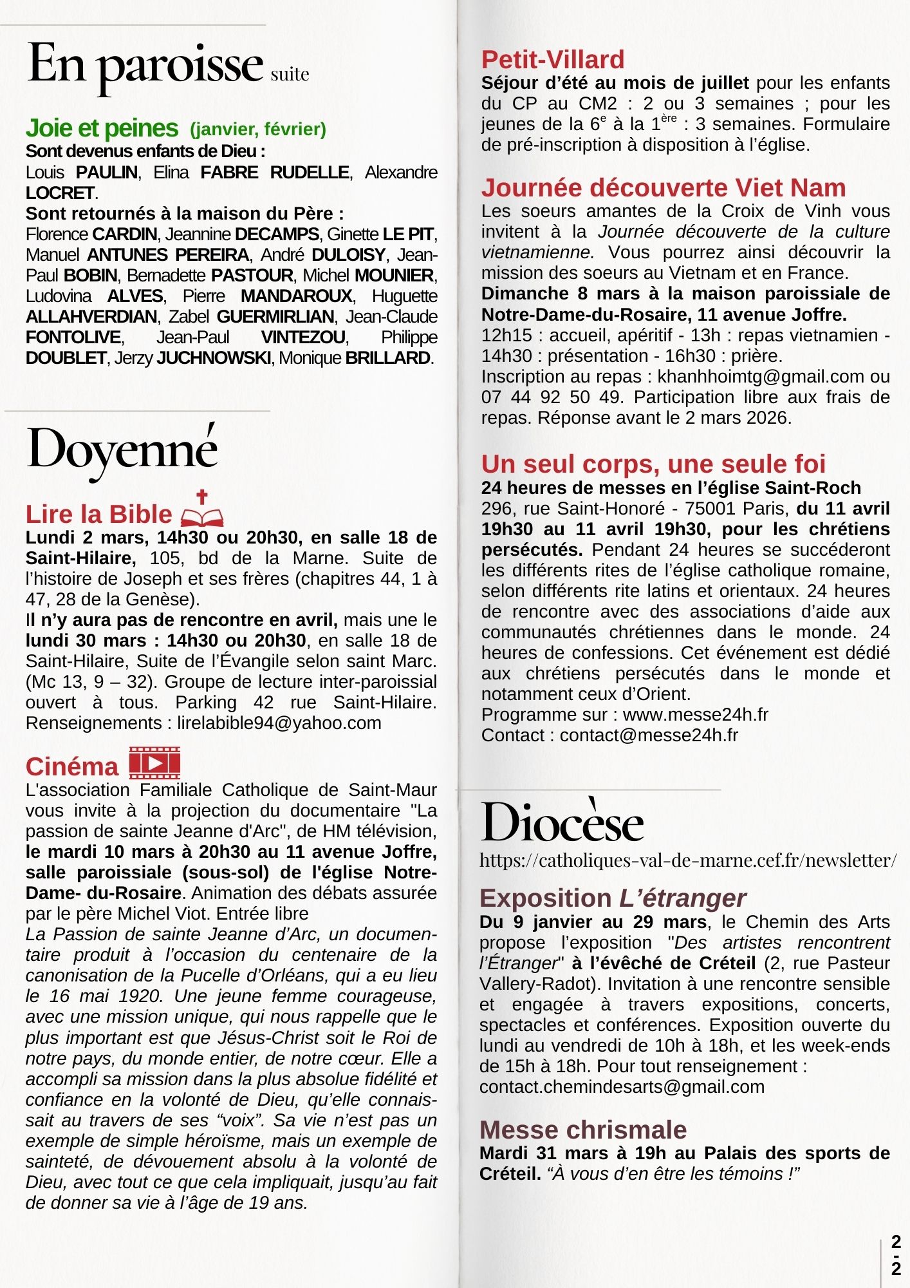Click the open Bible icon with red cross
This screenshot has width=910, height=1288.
[202, 509]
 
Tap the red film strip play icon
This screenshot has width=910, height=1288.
[154, 763]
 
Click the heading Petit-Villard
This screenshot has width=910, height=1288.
[553, 60]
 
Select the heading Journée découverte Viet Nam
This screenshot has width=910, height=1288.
[664, 188]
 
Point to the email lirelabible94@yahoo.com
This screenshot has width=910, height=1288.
[279, 723]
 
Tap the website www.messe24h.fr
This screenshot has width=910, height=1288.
[696, 715]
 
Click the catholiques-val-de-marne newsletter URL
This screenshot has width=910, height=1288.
[688, 860]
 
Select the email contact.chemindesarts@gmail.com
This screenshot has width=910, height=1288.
[622, 1087]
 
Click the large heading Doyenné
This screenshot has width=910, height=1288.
[122, 451]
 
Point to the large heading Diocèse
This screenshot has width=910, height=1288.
[562, 823]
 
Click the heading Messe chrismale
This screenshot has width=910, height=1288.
[583, 1130]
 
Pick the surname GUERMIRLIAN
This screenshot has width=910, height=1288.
[275, 317]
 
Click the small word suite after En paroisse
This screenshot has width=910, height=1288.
[290, 75]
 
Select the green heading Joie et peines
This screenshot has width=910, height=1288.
[102, 128]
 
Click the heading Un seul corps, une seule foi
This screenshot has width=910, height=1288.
[653, 464]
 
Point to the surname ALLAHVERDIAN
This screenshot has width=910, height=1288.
[91, 317]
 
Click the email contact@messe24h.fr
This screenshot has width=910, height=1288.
[649, 735]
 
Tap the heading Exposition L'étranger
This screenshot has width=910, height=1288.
[613, 898]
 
